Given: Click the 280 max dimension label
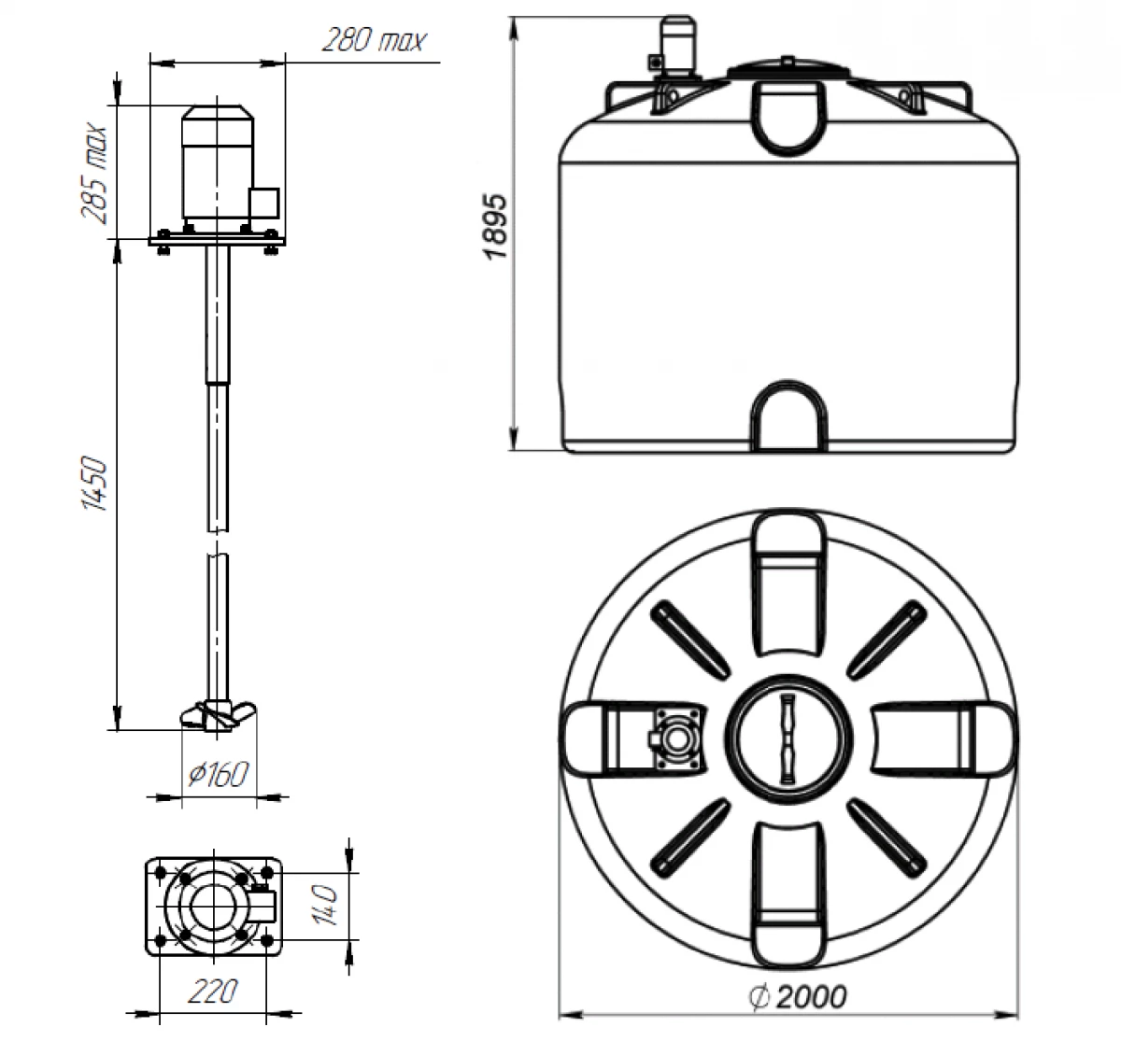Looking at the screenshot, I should tap(373, 41).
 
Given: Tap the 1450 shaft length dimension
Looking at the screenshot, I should tap(94, 484).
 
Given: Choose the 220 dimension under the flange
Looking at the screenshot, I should tap(213, 992).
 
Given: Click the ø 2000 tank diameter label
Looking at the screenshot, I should tap(798, 997).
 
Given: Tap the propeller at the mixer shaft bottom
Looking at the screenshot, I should tap(217, 713).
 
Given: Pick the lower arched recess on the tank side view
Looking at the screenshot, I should tap(790, 416).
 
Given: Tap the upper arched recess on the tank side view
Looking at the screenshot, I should tap(790, 117).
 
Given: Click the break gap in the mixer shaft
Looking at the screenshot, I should tap(217, 543).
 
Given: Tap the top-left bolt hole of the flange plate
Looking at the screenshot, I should tap(162, 872).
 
